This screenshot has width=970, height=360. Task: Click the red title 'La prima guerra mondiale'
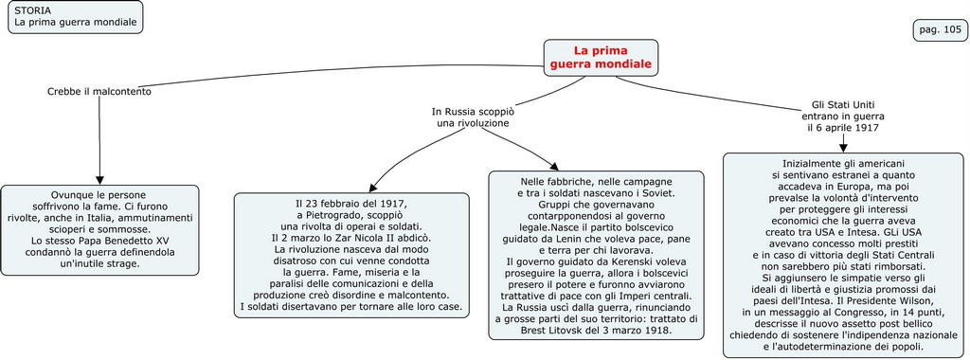600,57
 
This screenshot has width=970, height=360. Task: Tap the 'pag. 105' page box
940,30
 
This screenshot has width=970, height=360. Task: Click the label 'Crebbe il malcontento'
99,92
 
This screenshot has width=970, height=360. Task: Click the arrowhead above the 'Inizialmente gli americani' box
842,146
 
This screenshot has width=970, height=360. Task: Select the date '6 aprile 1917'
842,127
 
